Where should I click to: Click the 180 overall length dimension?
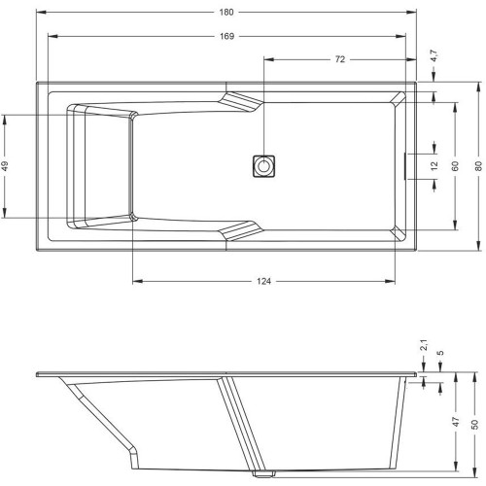tap(226, 13)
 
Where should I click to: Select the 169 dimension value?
tap(226, 36)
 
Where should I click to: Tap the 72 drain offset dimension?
tap(339, 59)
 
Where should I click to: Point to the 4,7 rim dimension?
tap(434, 55)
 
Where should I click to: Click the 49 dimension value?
tap(5, 165)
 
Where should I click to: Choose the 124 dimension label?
tap(263, 281)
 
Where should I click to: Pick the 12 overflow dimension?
tap(434, 165)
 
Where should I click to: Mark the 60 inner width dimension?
tap(455, 166)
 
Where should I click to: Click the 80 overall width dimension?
tap(478, 166)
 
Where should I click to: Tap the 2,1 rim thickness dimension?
tap(424, 345)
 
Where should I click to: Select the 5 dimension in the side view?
tap(440, 353)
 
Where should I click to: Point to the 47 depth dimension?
tap(456, 422)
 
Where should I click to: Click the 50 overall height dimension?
tap(474, 424)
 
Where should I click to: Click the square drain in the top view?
tap(263, 166)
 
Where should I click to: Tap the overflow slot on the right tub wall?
tap(405, 166)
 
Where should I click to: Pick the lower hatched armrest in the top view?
tap(240, 231)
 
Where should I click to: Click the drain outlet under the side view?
tap(263, 474)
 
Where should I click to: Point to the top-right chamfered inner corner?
tap(398, 98)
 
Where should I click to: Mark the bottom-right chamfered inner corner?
tap(398, 233)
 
